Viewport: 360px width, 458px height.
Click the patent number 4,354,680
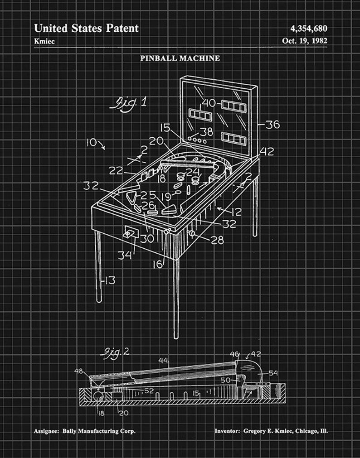click(x=308, y=29)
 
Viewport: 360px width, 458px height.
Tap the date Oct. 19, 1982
click(x=305, y=40)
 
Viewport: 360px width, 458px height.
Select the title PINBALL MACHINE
click(x=180, y=58)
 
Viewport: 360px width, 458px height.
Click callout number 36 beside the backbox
click(x=272, y=124)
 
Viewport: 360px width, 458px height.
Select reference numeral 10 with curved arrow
click(x=92, y=142)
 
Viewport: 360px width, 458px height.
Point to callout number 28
click(x=217, y=240)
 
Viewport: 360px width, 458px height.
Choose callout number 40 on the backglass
click(x=209, y=103)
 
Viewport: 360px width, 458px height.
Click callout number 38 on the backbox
click(x=206, y=131)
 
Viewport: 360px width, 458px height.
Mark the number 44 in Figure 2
click(x=163, y=361)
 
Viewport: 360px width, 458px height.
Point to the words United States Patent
click(x=86, y=29)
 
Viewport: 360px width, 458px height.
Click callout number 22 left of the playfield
click(x=116, y=171)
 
